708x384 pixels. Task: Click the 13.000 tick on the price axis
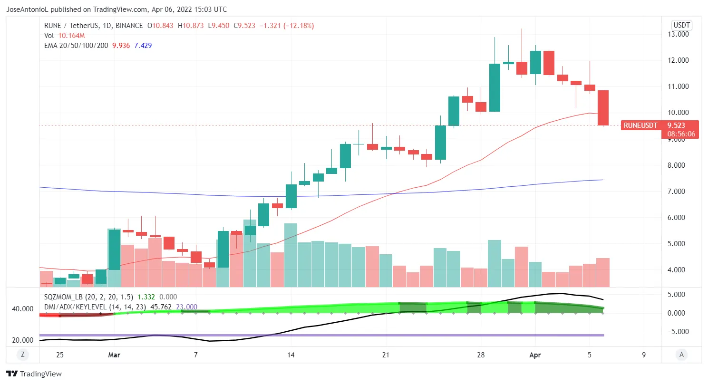[x=678, y=34]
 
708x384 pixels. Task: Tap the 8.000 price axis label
[x=678, y=165]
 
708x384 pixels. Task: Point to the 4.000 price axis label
[x=678, y=270]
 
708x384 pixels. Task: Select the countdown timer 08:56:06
[x=681, y=134]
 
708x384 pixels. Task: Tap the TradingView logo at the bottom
[x=34, y=374]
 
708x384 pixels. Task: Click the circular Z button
[x=22, y=355]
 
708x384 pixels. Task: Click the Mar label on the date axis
[x=114, y=355]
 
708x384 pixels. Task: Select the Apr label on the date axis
[x=535, y=355]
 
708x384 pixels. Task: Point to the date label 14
[x=291, y=355]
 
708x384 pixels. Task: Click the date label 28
[x=481, y=355]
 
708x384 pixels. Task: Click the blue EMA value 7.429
[x=143, y=45]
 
